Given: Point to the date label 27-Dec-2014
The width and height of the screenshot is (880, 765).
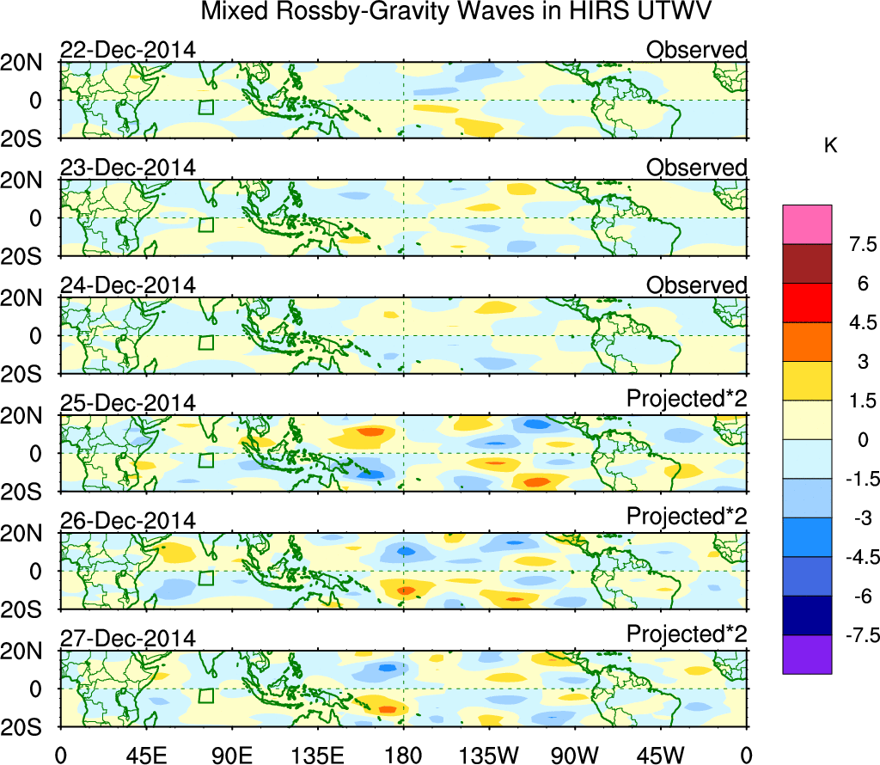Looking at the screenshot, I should [127, 639].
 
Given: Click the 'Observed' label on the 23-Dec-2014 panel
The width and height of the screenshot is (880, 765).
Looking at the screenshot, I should [696, 168].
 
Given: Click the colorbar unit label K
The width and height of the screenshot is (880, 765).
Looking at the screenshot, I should [830, 146].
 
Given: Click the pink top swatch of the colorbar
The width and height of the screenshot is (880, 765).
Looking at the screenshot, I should [807, 224].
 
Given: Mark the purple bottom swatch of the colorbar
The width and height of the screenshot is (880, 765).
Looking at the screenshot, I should [807, 654].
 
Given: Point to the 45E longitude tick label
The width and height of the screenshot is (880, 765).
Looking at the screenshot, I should [144, 755].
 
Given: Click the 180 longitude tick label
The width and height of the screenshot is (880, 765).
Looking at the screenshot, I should [403, 755].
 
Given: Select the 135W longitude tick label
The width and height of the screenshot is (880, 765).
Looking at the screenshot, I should [488, 755].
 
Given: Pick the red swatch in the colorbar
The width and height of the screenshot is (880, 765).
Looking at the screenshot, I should [807, 303].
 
